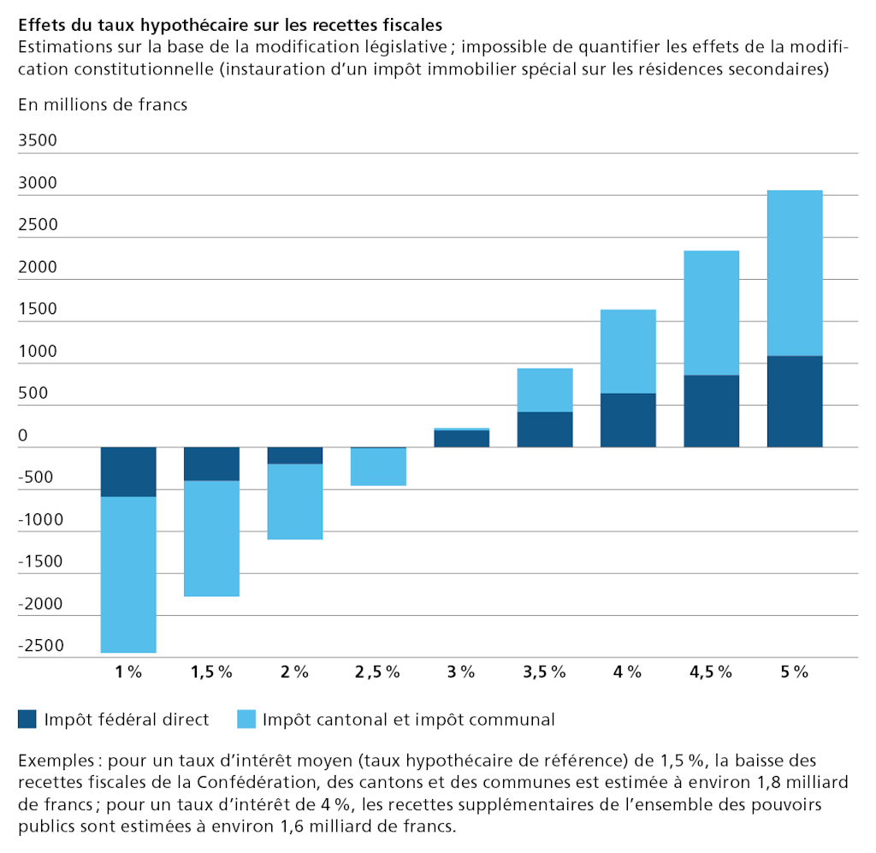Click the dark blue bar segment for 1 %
click(128, 471)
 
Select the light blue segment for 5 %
click(795, 273)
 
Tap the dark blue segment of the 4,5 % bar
click(711, 411)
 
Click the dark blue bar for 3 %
click(461, 438)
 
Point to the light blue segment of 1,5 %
click(211, 538)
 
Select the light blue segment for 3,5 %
click(545, 390)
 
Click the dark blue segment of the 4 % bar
click(628, 420)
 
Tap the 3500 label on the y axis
click(37, 140)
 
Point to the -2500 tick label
click(41, 644)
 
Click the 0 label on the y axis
click(23, 435)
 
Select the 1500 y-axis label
click(37, 308)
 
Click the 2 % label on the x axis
click(294, 672)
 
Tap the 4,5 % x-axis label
click(711, 672)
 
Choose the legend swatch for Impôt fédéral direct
click(27, 720)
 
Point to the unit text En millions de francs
click(102, 105)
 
